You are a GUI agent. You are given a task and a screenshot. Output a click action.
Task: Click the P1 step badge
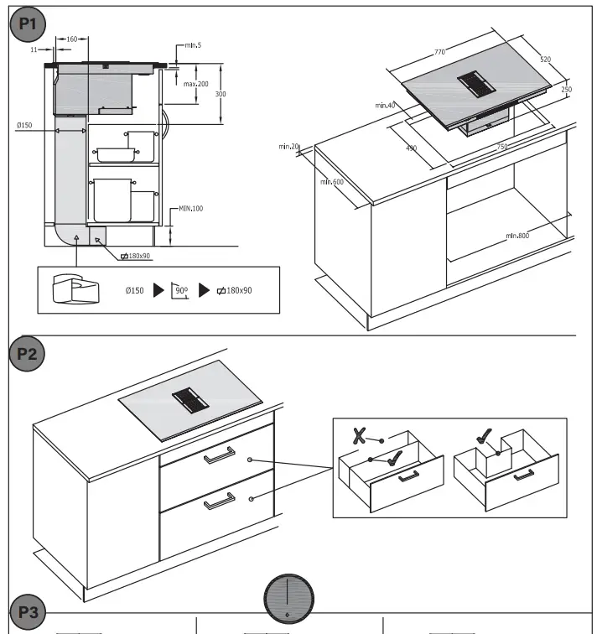click(x=28, y=24)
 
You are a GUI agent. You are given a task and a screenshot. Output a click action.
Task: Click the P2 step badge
click(x=28, y=353)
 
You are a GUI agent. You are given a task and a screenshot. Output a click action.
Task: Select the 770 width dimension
click(x=439, y=53)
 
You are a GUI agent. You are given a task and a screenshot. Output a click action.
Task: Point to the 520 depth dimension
click(x=546, y=60)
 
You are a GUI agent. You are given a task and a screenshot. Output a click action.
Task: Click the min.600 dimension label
click(x=333, y=181)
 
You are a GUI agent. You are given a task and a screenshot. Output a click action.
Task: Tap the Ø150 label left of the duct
click(x=23, y=125)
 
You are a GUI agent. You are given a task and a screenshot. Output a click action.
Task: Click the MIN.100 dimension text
click(x=190, y=208)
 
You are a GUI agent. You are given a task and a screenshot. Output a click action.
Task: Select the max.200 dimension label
click(x=196, y=84)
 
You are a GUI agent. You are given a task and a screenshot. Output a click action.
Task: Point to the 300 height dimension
click(x=221, y=94)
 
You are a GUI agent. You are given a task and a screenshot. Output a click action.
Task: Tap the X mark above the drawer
click(x=360, y=435)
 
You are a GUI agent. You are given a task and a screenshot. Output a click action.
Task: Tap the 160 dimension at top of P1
click(x=71, y=39)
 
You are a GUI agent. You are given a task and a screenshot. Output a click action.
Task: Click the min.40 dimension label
click(x=385, y=105)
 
